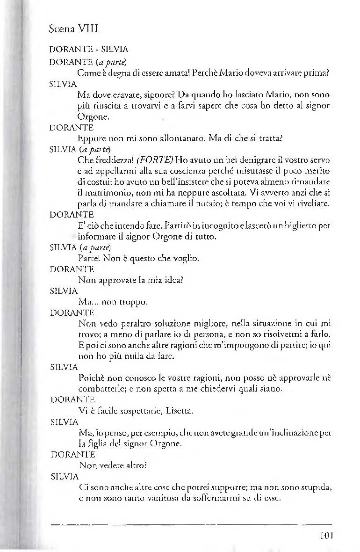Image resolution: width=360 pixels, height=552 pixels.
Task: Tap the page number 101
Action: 323,535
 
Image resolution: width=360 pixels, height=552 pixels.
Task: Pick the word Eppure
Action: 91,138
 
